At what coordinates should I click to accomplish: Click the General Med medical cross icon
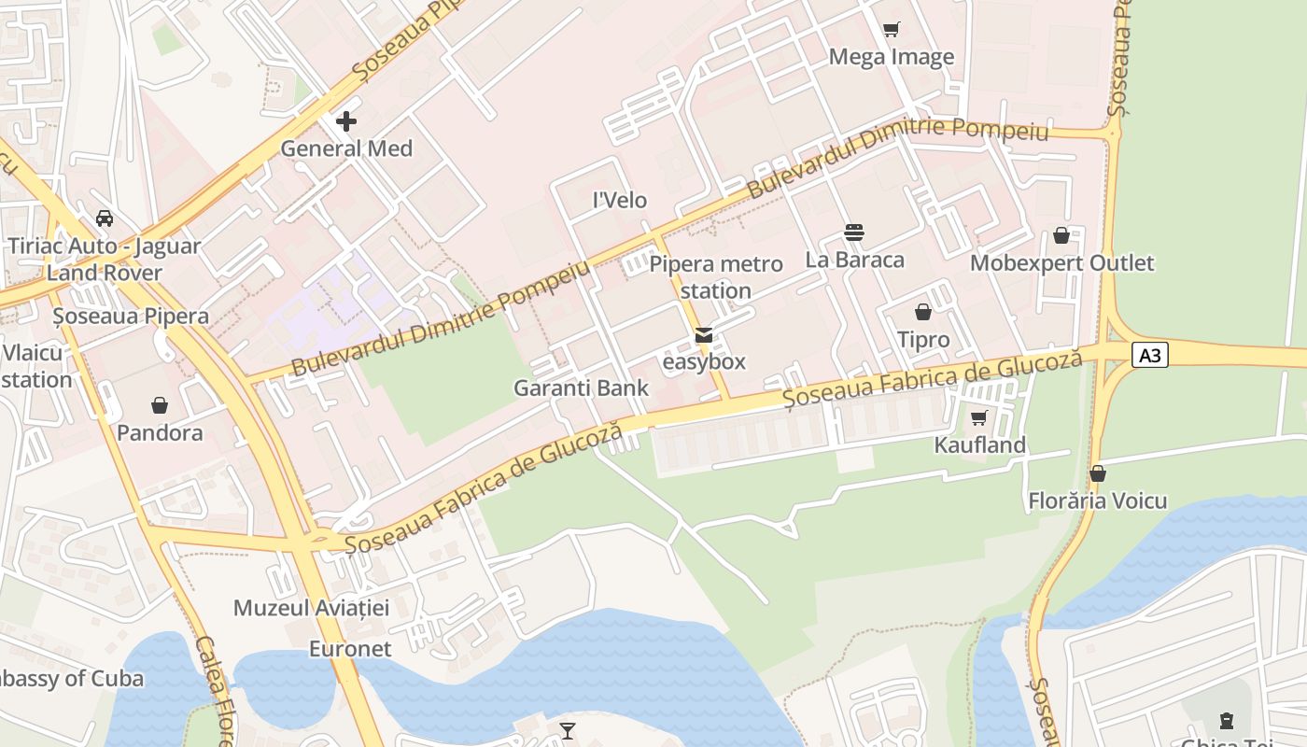tap(346, 121)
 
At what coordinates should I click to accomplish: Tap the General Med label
tap(346, 148)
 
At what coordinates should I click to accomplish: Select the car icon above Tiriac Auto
tap(105, 218)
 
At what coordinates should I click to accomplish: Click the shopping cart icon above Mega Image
tap(892, 30)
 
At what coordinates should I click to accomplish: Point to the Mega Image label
tap(892, 57)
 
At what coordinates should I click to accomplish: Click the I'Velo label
tap(620, 201)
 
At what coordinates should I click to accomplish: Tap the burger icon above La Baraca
tap(854, 232)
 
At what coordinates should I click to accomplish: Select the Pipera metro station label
tap(716, 277)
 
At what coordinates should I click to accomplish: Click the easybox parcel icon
tap(704, 335)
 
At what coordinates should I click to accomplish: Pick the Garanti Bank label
tap(581, 388)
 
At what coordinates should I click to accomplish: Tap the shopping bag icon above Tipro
tap(923, 312)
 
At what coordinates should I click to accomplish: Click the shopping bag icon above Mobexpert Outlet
tap(1061, 235)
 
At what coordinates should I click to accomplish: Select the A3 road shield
tap(1150, 355)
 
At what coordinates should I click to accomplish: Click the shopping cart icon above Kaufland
tap(979, 417)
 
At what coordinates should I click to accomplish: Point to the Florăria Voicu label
tap(1098, 501)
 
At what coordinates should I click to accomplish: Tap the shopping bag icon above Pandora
tap(160, 405)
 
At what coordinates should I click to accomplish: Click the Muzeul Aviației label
tap(311, 608)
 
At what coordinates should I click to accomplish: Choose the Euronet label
tap(350, 649)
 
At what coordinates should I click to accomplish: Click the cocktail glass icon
tap(568, 730)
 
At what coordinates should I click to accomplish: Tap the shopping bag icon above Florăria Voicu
tap(1098, 474)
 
